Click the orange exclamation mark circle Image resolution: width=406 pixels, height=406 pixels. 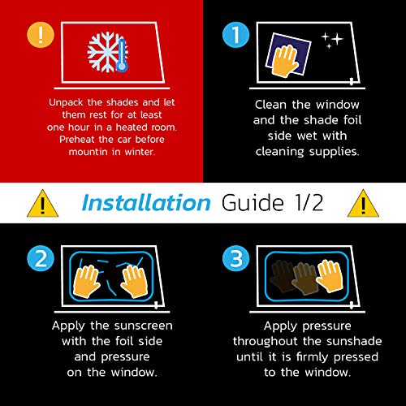point(41,35)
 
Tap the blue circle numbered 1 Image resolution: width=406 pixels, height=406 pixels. point(235,35)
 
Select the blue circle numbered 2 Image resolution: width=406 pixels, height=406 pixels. point(41,258)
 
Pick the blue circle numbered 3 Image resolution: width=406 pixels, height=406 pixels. point(235,258)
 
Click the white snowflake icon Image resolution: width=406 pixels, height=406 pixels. point(104,52)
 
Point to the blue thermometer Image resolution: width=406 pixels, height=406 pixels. point(122,55)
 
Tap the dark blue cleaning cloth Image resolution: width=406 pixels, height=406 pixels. point(288,54)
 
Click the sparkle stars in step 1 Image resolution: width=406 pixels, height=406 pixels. point(332,41)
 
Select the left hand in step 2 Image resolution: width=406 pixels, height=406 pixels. point(86,281)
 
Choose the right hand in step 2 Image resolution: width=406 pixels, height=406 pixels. point(135,281)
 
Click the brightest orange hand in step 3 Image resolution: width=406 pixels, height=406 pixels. point(330,275)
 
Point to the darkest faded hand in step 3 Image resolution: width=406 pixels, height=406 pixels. point(282,276)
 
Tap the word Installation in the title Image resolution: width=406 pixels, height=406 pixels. point(146,202)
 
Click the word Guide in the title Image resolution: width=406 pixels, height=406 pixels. point(253,202)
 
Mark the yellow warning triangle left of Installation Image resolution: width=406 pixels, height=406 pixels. point(42,205)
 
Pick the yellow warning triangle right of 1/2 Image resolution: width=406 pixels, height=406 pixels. point(363,205)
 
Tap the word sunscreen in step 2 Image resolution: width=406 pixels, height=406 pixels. point(143,326)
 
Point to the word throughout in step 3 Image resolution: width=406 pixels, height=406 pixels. point(266,342)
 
